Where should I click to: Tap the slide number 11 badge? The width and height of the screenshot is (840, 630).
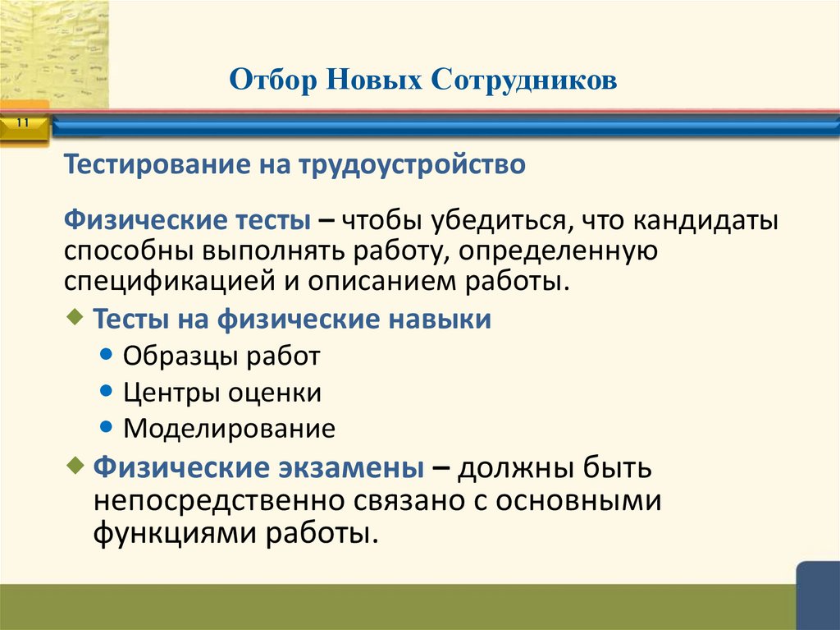pos(22,123)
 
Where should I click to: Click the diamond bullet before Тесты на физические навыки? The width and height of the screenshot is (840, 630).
pos(78,317)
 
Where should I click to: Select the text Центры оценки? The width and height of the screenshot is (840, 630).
pos(222,392)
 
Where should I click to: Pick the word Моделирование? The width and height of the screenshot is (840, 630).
pos(229,428)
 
